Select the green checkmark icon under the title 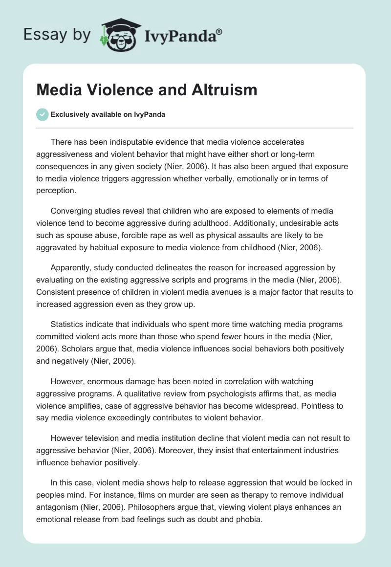point(42,114)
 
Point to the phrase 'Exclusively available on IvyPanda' point(108,114)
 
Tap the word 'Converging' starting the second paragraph point(71,211)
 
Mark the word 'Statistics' point(69,324)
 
